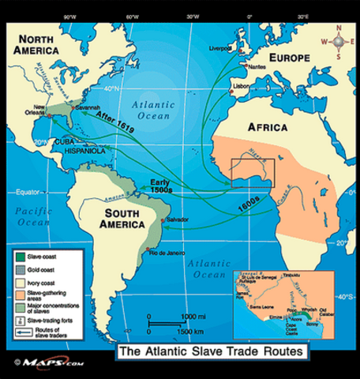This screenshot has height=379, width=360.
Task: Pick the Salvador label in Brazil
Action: pos(178,219)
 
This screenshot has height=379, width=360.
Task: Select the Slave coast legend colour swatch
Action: pos(19,256)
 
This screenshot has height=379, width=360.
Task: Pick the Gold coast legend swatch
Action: pos(19,268)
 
